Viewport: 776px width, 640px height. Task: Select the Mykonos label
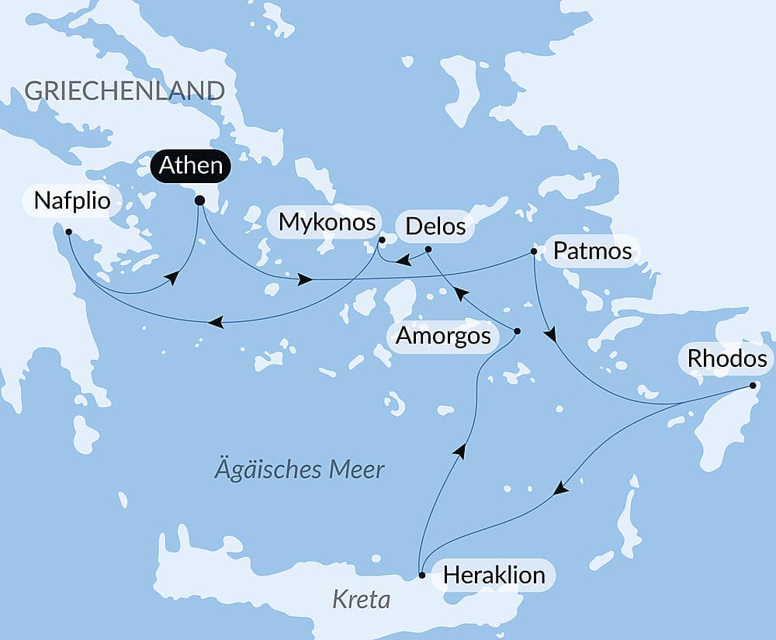327,223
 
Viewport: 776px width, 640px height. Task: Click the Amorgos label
443,336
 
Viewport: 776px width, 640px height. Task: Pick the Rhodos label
726,359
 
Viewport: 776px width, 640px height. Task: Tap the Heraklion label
494,575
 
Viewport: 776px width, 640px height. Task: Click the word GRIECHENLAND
124,90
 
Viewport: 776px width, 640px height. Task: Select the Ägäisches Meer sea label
300,469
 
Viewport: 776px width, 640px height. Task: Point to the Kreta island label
360,599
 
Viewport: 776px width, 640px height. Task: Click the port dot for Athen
199,200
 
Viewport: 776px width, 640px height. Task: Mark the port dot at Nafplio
69,231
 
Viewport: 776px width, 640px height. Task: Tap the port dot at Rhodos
753,386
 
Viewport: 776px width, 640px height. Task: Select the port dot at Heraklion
421,576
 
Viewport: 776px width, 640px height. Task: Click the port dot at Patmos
533,251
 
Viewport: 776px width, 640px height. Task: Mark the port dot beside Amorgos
518,331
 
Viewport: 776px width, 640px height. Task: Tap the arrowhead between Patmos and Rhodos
550,335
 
